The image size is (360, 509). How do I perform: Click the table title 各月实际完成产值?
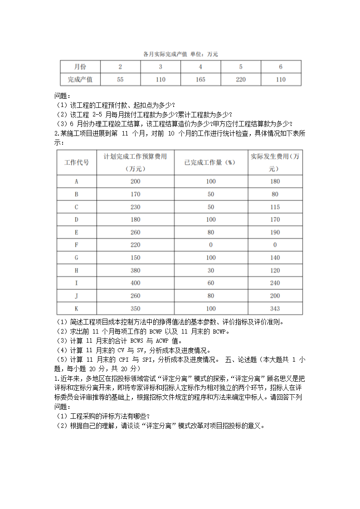(x=168, y=54)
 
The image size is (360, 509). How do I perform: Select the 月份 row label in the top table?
(x=80, y=67)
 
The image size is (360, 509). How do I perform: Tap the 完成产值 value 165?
(x=200, y=79)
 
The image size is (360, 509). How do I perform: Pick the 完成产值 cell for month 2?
(x=120, y=79)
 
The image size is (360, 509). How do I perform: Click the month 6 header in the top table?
(x=281, y=67)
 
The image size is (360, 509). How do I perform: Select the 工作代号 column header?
(x=77, y=162)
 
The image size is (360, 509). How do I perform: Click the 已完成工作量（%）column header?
(x=210, y=162)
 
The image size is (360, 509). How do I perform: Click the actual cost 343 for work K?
(x=275, y=308)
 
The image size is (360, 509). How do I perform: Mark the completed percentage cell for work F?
(x=210, y=245)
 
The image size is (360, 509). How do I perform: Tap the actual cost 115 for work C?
(x=275, y=207)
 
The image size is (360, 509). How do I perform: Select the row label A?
(x=77, y=181)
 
